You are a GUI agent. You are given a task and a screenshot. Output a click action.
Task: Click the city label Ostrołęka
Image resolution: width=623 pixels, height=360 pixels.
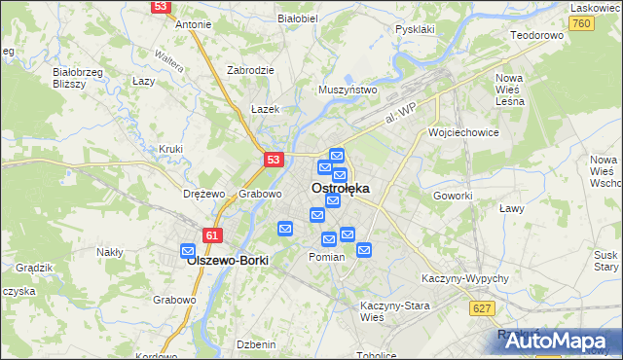pos(340,189)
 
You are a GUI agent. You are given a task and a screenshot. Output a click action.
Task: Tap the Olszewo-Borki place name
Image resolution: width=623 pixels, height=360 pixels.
pos(227,262)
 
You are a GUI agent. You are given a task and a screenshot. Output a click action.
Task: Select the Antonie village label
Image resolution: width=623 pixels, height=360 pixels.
pos(193,24)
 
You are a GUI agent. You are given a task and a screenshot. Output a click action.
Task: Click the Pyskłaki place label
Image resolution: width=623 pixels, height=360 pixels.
pos(415,29)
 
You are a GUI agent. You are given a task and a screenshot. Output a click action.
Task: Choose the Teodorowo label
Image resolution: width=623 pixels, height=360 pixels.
pos(537,35)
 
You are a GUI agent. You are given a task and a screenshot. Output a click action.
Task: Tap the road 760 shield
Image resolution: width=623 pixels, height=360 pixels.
pos(581,23)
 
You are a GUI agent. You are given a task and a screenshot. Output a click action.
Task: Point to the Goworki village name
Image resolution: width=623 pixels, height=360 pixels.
pos(453,195)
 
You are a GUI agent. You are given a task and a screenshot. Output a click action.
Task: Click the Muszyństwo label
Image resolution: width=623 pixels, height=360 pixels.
pos(348,90)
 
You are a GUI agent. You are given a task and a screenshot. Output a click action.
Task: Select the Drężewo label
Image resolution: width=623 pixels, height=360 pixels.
pos(204,194)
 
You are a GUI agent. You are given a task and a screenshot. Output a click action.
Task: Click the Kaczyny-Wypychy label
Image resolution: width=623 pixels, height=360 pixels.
pos(465,278)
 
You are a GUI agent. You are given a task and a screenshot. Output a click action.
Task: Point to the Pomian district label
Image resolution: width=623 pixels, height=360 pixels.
pos(326,257)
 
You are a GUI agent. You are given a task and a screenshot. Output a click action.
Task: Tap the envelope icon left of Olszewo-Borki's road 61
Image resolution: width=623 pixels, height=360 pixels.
pos(188,251)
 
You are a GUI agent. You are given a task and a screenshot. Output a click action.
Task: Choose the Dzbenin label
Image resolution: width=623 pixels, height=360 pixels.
pos(257,344)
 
